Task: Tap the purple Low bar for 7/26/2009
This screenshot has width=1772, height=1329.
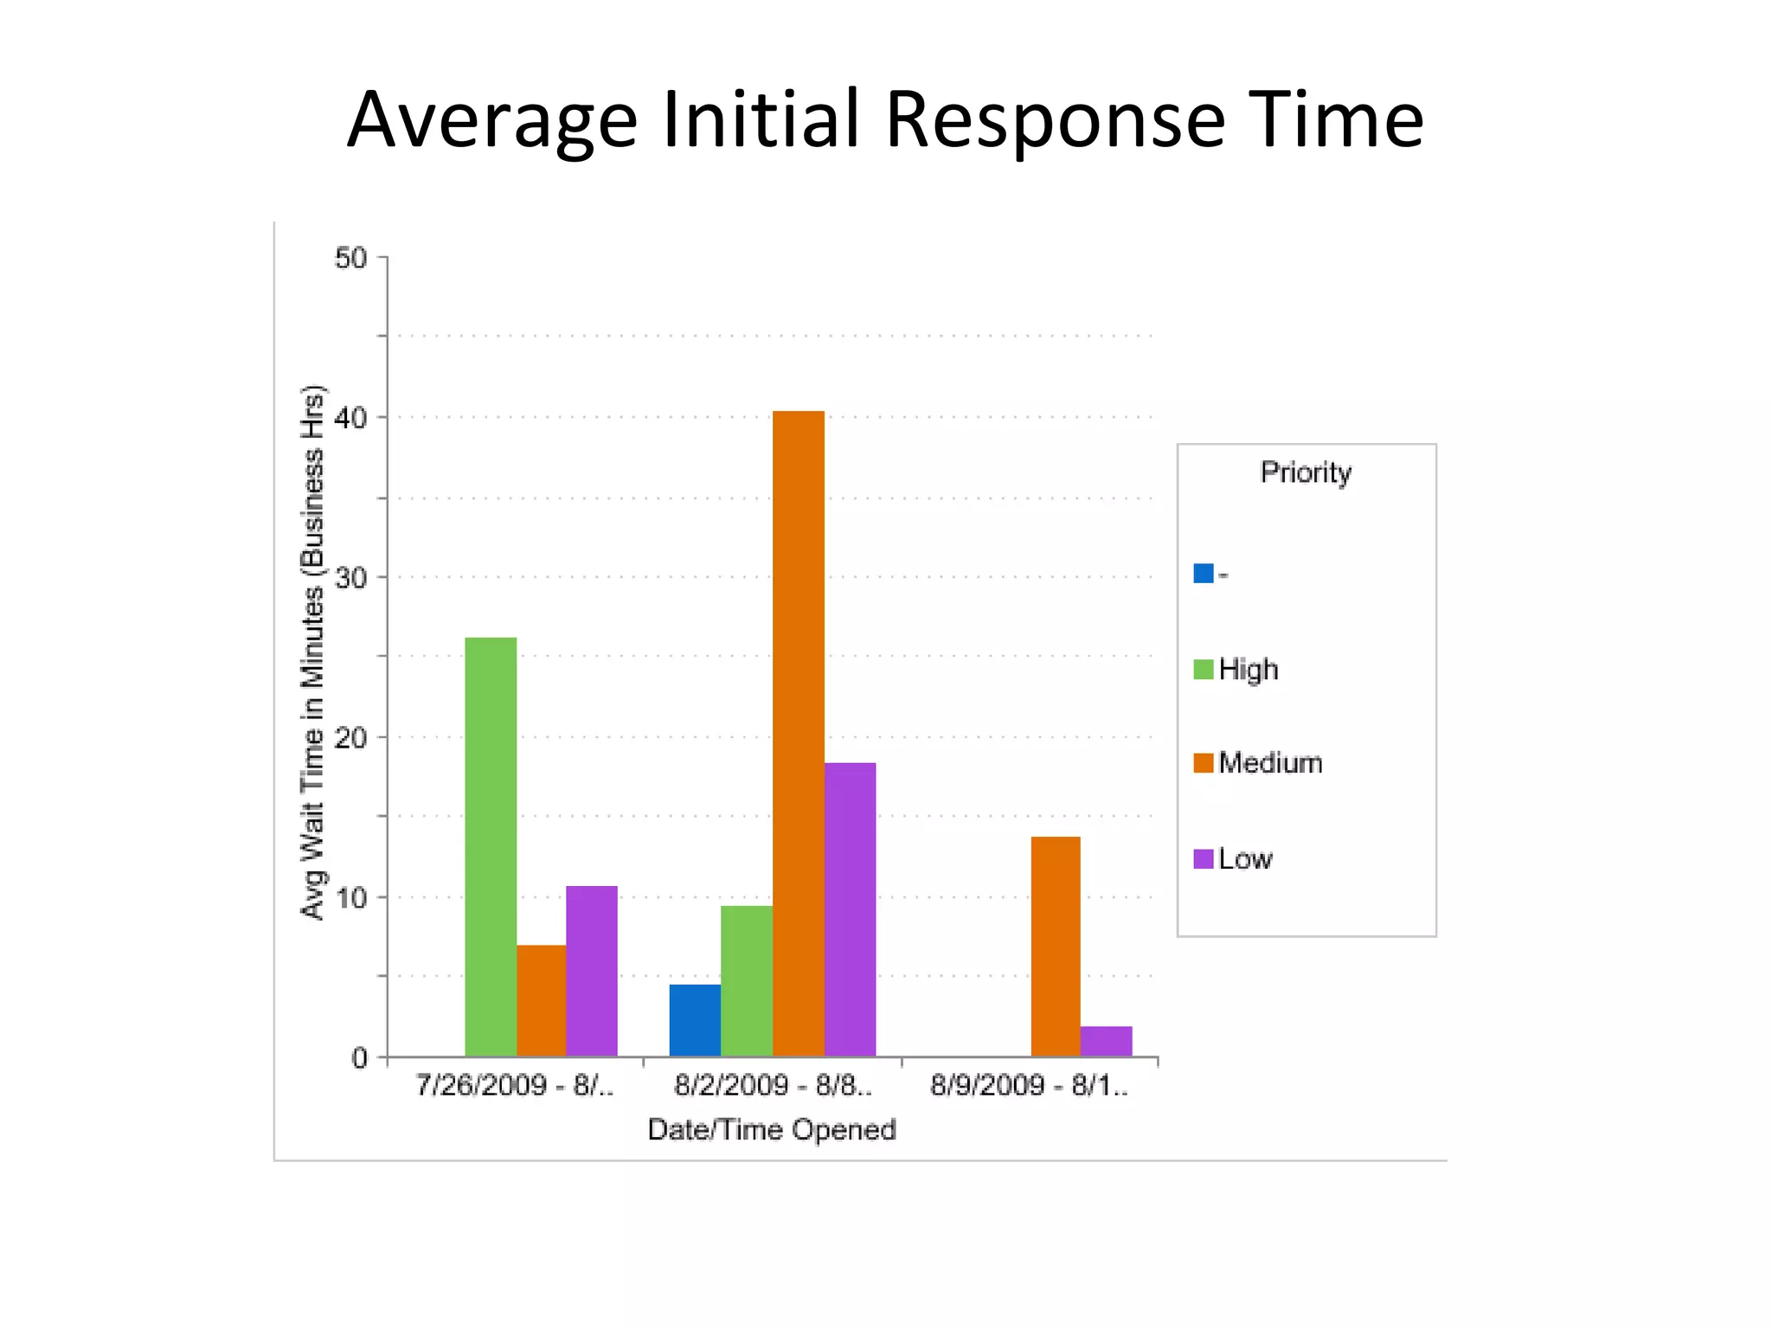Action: (x=592, y=971)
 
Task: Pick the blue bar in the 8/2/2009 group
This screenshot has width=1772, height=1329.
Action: (x=695, y=1020)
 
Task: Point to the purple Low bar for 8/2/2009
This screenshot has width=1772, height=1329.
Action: (x=850, y=909)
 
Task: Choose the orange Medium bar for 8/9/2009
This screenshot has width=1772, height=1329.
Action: (x=1056, y=947)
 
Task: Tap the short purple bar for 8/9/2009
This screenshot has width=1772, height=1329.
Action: (x=1106, y=1041)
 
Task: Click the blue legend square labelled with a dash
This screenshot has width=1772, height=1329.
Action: (x=1204, y=573)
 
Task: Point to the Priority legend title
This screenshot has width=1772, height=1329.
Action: (x=1306, y=472)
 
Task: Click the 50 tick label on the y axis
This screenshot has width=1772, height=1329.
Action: (x=350, y=258)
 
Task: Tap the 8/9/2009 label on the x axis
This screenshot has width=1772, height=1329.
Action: (x=1029, y=1085)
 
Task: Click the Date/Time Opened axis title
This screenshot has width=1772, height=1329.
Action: (x=772, y=1130)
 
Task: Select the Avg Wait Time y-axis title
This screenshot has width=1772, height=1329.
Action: (x=312, y=652)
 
